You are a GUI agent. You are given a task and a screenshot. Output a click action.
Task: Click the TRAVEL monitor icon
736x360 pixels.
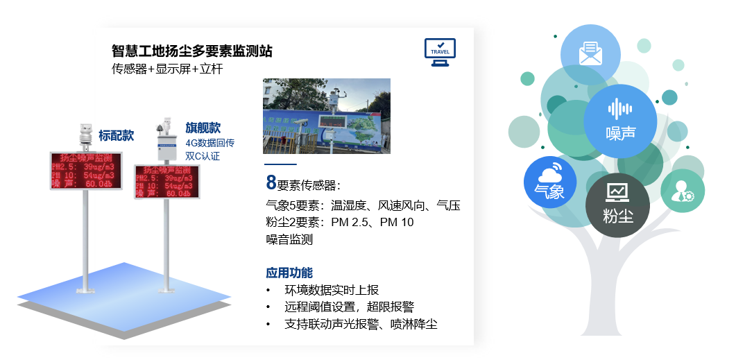[x=440, y=52]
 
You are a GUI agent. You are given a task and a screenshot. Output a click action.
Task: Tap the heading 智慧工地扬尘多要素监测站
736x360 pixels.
[x=191, y=51]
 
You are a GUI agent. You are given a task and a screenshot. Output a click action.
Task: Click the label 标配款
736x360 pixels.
[x=116, y=136]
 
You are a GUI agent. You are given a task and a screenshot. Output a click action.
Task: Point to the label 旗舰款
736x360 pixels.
[x=203, y=128]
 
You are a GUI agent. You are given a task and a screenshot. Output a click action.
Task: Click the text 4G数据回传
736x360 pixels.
[x=210, y=144]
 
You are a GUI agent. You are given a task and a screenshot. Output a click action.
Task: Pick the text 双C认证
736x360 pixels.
[x=203, y=157]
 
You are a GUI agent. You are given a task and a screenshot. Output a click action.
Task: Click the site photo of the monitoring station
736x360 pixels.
[x=326, y=116]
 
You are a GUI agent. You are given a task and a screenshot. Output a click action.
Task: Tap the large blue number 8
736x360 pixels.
[x=271, y=183]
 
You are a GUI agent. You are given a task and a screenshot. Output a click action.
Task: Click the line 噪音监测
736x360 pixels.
[x=289, y=240]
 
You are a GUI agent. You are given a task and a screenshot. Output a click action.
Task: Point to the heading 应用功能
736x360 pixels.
[x=289, y=273]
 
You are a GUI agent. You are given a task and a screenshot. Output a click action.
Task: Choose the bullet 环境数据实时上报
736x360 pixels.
[x=332, y=290]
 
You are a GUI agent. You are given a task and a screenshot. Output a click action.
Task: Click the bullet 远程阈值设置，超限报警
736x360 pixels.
[x=349, y=307]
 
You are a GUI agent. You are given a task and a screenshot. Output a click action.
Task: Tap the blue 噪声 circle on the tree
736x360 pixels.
[x=619, y=120]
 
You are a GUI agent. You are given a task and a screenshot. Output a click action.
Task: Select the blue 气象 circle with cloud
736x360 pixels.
[x=550, y=182]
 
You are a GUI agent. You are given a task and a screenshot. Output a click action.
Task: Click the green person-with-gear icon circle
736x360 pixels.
[x=683, y=191]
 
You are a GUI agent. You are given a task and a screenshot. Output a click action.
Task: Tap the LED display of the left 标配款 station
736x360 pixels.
[x=85, y=171]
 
